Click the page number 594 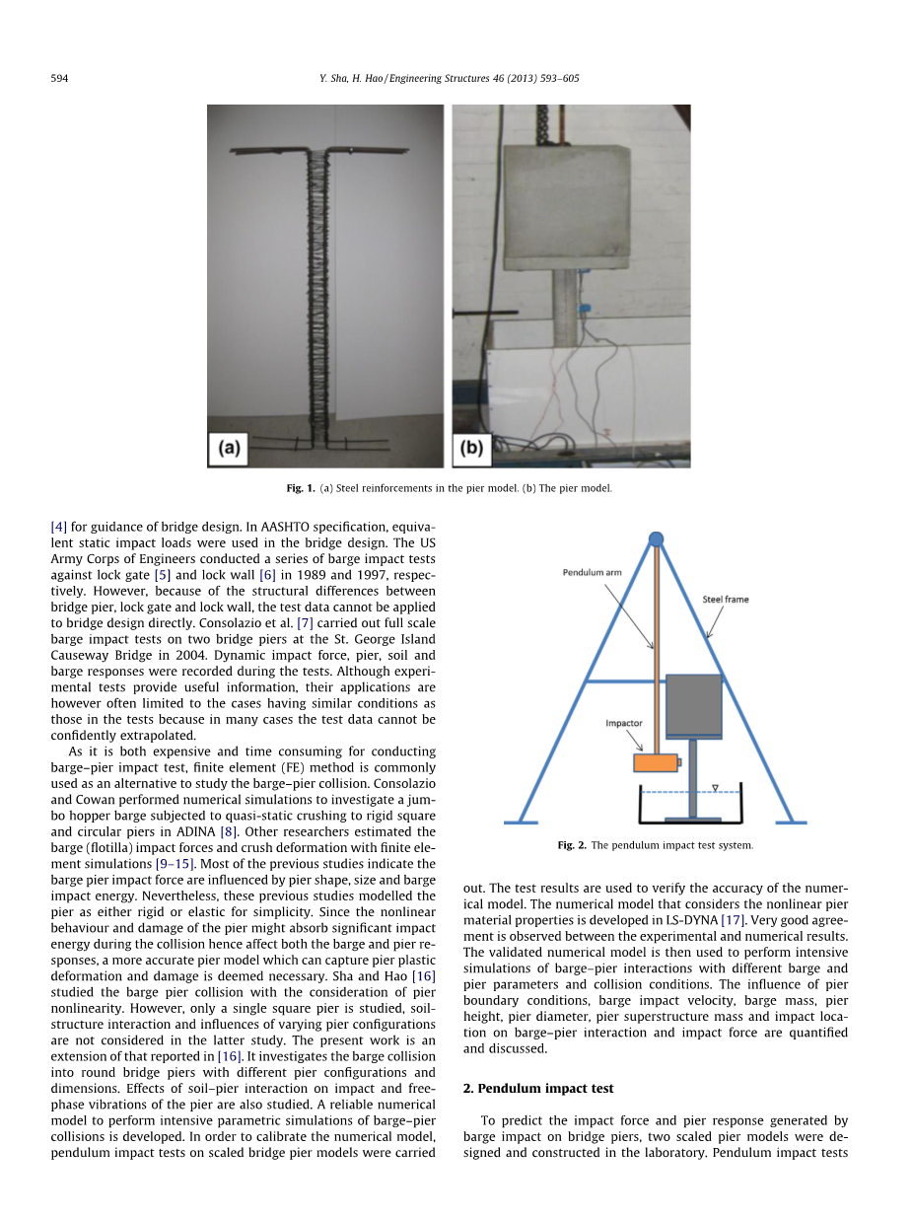pos(58,79)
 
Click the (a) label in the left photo pos(229,448)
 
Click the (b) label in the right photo pos(472,448)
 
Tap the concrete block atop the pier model pos(565,205)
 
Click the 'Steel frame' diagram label pos(725,599)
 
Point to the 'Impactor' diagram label pos(624,723)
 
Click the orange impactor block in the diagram pos(656,762)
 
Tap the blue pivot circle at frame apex pos(656,538)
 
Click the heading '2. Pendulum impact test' pos(538,1088)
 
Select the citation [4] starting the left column pos(58,527)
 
